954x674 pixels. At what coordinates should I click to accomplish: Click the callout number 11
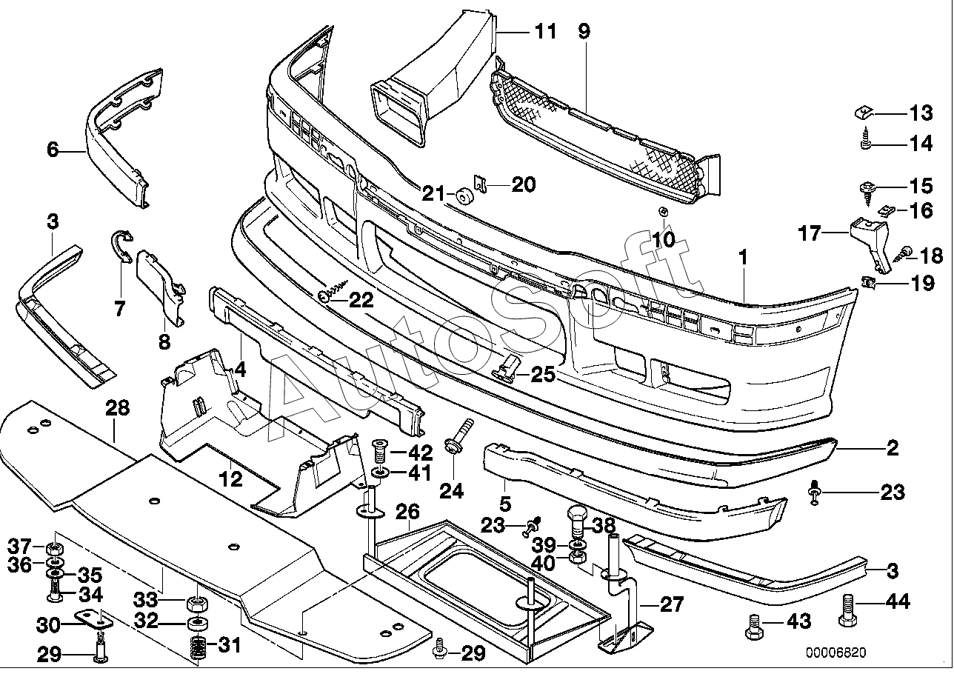point(545,32)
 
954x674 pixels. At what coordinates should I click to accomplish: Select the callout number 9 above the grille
point(584,31)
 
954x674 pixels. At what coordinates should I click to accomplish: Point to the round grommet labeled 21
point(464,197)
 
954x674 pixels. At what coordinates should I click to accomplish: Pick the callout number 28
point(118,408)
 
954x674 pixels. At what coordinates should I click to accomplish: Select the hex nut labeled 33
point(197,604)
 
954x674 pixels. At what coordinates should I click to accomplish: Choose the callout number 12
point(230,479)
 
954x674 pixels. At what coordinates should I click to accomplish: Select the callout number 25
point(543,374)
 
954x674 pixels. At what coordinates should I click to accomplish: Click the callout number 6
point(53,150)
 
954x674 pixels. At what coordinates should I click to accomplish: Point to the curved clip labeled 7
point(122,246)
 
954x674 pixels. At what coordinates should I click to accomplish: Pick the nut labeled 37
point(55,547)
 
